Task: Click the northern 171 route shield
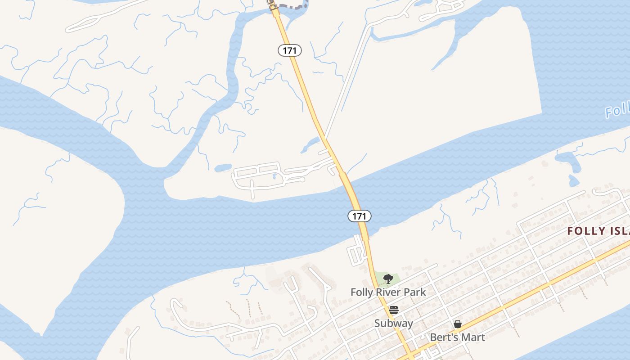289,50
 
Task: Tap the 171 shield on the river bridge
359,216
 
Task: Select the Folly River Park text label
388,292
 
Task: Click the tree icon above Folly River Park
388,279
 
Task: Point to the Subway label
393,324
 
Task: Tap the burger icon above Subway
394,310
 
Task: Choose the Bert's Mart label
457,337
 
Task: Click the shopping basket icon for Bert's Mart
458,324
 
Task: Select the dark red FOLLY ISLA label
598,231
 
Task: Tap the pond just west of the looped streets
223,168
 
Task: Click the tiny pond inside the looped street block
274,176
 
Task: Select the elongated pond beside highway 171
310,145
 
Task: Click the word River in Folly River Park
388,292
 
